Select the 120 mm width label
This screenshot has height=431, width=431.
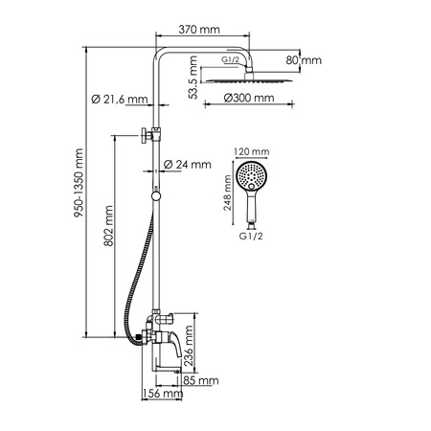click(252, 151)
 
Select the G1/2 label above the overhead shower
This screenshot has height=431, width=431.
click(230, 60)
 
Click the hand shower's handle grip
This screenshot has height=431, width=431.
click(253, 218)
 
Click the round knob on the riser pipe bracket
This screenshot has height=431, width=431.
click(143, 135)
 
